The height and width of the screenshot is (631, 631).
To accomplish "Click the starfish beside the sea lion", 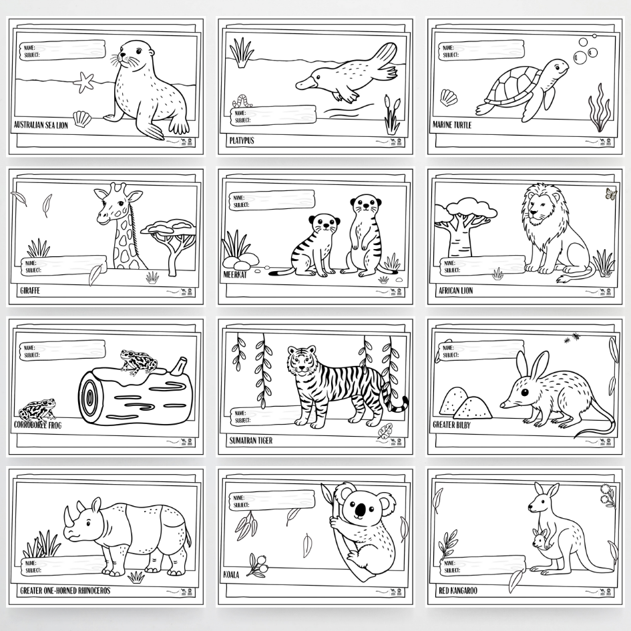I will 84,81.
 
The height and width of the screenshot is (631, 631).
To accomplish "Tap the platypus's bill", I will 306,84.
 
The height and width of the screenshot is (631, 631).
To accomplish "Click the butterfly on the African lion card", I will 610,194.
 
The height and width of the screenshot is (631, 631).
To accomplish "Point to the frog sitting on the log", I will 138,361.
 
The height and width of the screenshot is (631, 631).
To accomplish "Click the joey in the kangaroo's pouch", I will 539,538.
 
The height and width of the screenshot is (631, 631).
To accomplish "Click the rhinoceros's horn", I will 67,514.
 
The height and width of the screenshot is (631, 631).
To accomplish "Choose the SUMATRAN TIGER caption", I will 251,441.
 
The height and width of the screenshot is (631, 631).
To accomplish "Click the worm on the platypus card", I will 242,101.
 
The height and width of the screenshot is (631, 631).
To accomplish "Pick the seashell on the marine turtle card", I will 449,97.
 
